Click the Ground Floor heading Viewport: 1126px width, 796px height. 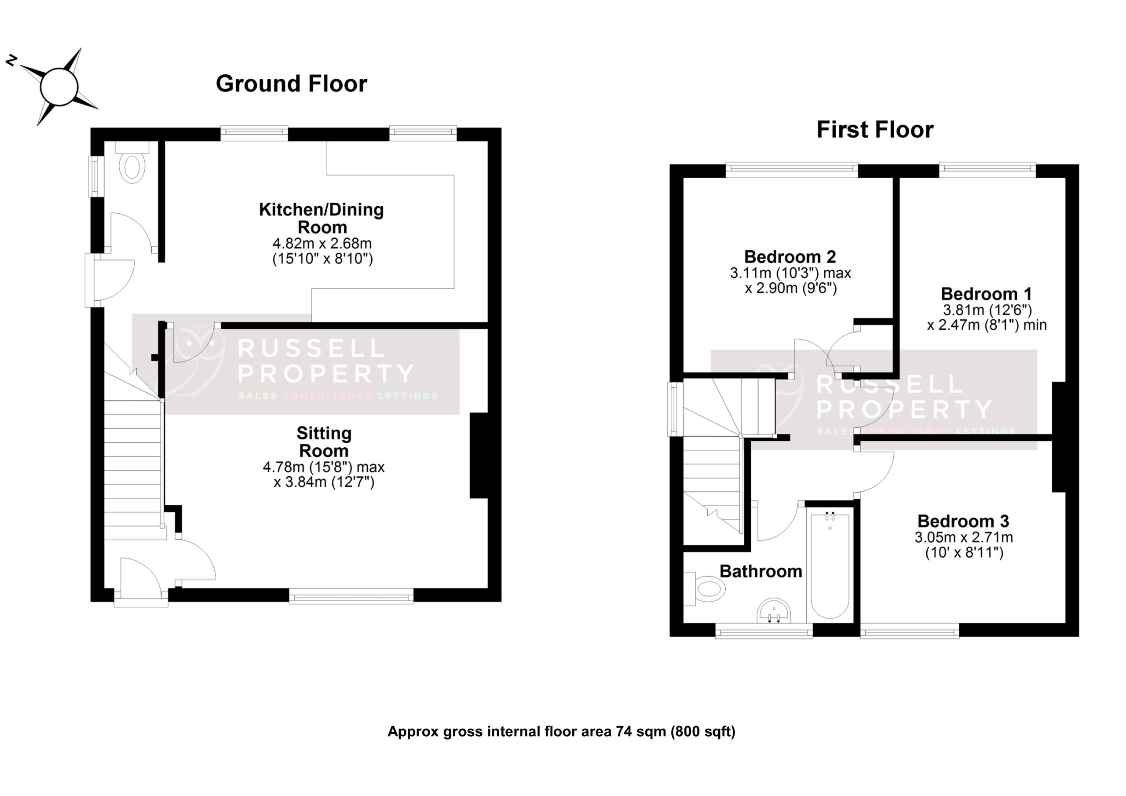(x=291, y=84)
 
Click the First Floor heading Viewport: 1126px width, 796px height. (x=874, y=130)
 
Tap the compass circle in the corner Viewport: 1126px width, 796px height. (x=59, y=87)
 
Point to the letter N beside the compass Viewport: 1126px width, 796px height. (x=11, y=61)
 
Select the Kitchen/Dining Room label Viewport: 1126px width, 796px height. (x=321, y=218)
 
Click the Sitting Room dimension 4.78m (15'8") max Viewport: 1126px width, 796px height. (x=323, y=467)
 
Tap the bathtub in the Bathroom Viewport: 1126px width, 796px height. (x=830, y=565)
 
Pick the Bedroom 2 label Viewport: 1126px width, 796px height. (x=790, y=256)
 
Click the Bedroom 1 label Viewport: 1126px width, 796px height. (x=986, y=294)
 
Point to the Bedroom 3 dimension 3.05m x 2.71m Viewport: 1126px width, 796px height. (x=963, y=537)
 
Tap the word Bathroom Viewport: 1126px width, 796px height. (x=760, y=571)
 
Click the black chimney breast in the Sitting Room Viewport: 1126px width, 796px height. (x=479, y=456)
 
